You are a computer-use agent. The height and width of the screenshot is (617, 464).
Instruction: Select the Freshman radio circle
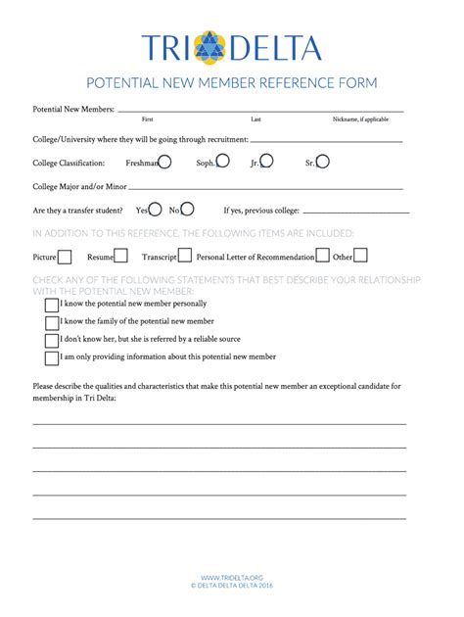coord(165,162)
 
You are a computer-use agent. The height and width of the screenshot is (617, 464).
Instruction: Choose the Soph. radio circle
coord(223,162)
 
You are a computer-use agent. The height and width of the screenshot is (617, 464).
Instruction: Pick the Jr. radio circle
coord(266,162)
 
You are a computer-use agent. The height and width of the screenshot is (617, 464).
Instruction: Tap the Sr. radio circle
coord(323,162)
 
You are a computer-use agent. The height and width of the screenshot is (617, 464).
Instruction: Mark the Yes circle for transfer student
coord(155,209)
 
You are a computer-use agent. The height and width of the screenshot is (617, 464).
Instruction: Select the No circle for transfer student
coord(187,209)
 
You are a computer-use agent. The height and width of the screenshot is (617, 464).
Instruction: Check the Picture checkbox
coord(65,257)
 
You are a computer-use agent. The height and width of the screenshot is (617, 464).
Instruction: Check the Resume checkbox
coord(121,257)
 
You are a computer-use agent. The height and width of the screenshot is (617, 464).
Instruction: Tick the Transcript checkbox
coord(184,257)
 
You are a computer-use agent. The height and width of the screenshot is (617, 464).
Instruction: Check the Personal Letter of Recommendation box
coord(322,257)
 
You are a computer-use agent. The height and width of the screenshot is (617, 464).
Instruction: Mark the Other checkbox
coord(360,257)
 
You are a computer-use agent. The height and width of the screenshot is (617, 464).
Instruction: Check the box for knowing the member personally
coord(52,306)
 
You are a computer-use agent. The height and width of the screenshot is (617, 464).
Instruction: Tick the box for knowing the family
coord(52,323)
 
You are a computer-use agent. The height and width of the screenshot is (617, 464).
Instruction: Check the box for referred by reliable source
coord(52,341)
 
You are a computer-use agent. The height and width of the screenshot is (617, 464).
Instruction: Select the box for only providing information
coord(52,358)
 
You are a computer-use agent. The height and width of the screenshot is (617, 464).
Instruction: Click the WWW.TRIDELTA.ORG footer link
coord(232,578)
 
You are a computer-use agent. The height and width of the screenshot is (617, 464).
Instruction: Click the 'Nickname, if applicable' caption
coord(360,119)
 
